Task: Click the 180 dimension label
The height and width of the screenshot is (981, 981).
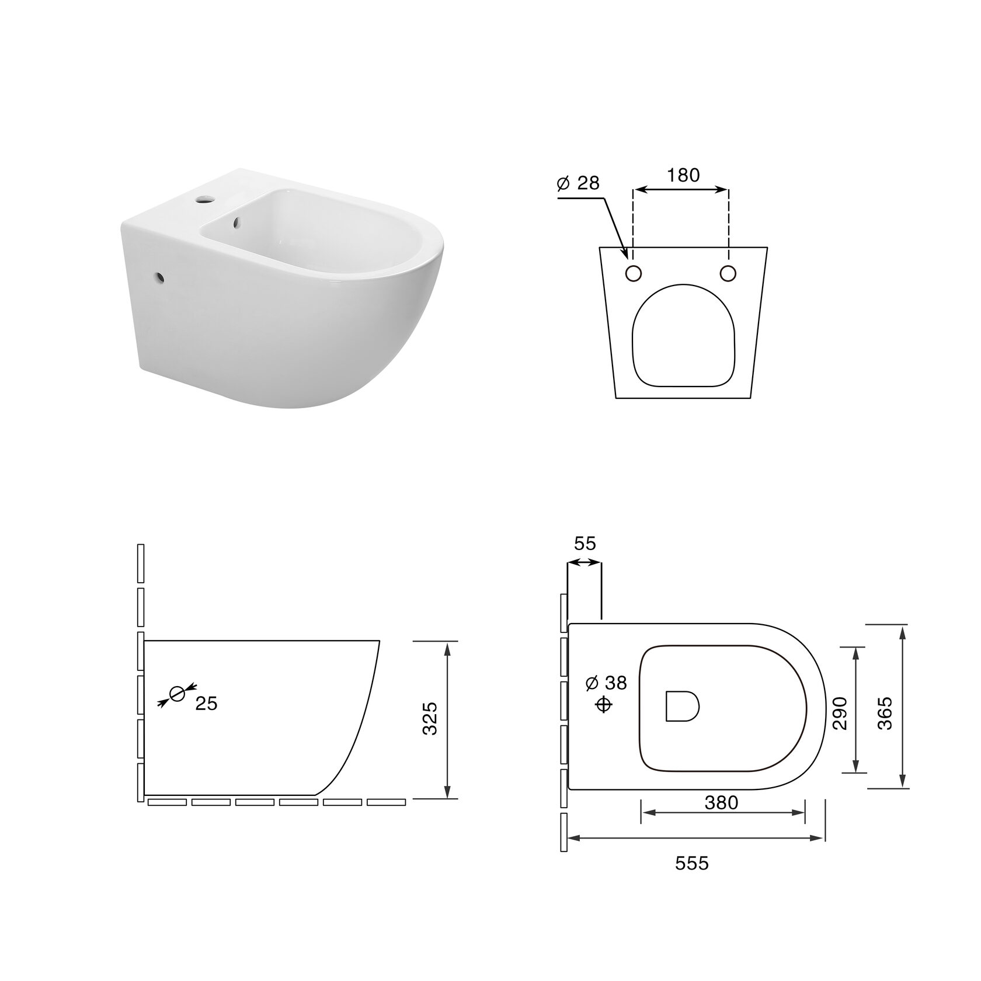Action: click(683, 175)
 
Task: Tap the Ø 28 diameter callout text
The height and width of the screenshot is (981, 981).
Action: click(579, 183)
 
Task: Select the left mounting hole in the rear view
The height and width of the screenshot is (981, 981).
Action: click(634, 273)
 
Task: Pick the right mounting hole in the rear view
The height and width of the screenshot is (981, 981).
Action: click(728, 273)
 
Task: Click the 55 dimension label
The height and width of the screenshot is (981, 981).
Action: click(585, 543)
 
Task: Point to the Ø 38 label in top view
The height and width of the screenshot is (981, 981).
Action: click(606, 682)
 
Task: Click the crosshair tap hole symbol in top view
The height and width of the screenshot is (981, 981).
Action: click(604, 705)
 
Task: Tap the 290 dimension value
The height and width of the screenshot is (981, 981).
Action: click(840, 713)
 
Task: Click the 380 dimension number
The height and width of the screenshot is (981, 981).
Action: click(721, 803)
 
